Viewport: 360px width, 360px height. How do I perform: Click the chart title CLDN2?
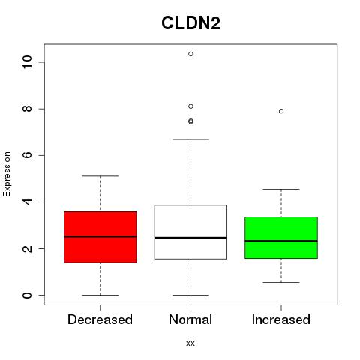190,23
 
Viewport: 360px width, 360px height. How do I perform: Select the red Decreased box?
100,237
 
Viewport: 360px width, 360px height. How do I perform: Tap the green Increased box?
281,238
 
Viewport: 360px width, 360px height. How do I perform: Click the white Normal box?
190,232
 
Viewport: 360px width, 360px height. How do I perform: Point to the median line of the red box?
100,236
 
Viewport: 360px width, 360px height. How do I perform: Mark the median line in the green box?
281,241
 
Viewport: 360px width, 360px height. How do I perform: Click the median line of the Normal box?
190,238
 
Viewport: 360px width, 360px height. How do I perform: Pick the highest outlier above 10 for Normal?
190,54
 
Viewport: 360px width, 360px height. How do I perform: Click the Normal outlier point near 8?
190,106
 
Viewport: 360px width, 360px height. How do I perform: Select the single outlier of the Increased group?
281,111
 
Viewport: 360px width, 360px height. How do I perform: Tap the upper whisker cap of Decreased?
100,176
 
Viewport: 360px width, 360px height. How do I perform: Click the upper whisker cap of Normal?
190,139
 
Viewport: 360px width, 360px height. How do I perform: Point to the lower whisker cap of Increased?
281,282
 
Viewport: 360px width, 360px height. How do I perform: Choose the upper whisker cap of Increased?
281,189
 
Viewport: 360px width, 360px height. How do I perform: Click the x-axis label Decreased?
100,319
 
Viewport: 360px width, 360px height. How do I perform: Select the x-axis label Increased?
281,319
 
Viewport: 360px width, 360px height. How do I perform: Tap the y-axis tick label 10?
28,62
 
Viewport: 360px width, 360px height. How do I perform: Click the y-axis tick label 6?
28,155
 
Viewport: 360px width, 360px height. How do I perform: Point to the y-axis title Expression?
7,174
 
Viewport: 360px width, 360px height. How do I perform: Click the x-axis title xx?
190,343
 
